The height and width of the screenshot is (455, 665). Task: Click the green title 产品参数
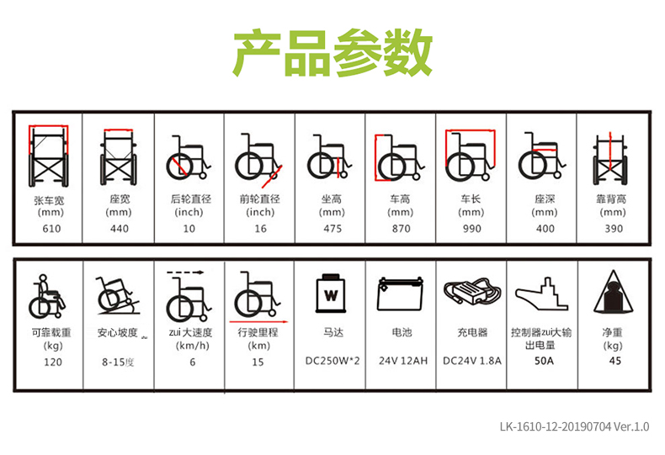[333, 53]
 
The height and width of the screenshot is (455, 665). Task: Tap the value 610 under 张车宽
[51, 229]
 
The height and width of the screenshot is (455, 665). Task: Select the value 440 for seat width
[120, 229]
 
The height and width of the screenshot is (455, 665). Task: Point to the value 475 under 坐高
[332, 229]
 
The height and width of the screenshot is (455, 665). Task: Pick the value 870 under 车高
[402, 229]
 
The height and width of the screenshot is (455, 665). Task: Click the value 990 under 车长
[472, 229]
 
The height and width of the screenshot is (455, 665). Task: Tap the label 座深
[545, 199]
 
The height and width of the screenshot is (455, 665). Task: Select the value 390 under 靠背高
[614, 229]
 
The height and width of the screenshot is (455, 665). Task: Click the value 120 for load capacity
[53, 362]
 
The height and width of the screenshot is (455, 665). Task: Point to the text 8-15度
[118, 362]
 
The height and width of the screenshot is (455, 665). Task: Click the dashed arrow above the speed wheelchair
[185, 272]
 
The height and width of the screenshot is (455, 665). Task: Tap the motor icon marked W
[331, 294]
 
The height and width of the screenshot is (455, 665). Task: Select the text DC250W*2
[332, 361]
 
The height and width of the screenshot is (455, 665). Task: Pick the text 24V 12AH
[403, 361]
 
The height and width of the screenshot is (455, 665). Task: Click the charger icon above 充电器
[472, 291]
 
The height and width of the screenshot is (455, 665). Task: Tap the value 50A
[544, 361]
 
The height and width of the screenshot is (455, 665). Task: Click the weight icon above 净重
[614, 292]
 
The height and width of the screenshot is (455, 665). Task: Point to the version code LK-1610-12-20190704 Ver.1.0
[574, 426]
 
